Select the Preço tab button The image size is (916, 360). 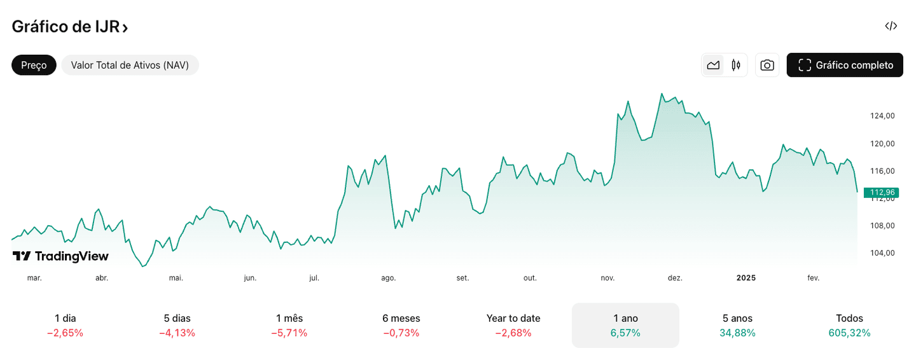(34, 65)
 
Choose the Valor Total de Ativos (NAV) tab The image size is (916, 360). (130, 65)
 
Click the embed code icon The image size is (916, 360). (891, 26)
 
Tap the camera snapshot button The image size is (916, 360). (767, 65)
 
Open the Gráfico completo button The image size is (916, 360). (845, 65)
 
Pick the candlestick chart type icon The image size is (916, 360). (736, 65)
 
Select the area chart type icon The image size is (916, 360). (713, 65)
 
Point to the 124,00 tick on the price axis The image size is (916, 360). (882, 116)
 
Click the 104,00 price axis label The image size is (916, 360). (882, 253)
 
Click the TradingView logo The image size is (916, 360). (60, 256)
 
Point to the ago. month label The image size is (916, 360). (388, 278)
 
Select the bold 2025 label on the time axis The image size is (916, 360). (746, 278)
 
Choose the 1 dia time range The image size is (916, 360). (66, 325)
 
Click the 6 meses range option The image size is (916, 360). (401, 325)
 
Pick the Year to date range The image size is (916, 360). (513, 325)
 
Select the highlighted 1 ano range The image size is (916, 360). (625, 325)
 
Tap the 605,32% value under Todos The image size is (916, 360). (849, 333)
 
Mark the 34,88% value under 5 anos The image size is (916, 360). (737, 333)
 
